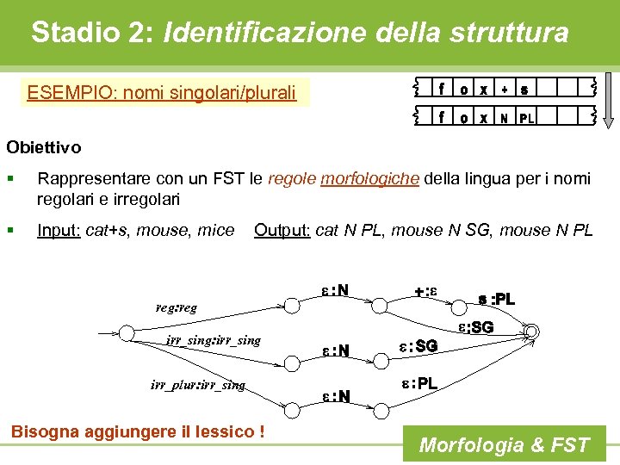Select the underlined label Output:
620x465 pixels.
pyautogui.click(x=282, y=230)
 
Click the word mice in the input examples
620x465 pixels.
pyautogui.click(x=216, y=230)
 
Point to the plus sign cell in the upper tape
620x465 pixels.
pyautogui.click(x=504, y=88)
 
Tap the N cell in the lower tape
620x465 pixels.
pyautogui.click(x=504, y=118)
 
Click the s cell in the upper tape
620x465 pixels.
pyautogui.click(x=524, y=88)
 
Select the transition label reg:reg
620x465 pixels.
pyautogui.click(x=176, y=307)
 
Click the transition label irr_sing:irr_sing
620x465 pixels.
pyautogui.click(x=214, y=341)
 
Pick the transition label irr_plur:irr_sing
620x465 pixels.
pyautogui.click(x=197, y=385)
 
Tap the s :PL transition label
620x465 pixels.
pyautogui.click(x=496, y=299)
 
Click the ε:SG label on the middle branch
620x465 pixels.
pyautogui.click(x=418, y=345)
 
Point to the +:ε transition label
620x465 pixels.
pyautogui.click(x=425, y=291)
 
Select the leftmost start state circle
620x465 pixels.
pyautogui.click(x=127, y=333)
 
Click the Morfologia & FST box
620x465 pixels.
pyautogui.click(x=504, y=445)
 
